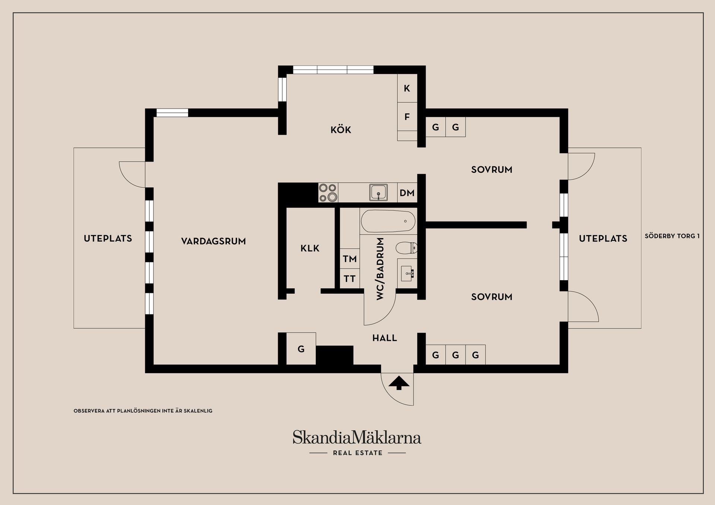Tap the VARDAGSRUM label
[213, 241]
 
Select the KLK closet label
[310, 248]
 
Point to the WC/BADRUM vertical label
[380, 269]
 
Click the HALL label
[385, 338]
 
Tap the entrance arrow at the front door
[399, 383]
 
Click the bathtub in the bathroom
[388, 221]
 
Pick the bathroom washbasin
[407, 274]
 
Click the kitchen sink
[379, 192]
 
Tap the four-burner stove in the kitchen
[328, 192]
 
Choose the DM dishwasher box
[407, 193]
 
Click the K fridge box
[407, 88]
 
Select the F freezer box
[407, 116]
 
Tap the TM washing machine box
[350, 259]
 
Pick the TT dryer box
[350, 278]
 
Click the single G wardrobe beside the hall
[301, 349]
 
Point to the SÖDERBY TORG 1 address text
[672, 236]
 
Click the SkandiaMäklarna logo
[357, 442]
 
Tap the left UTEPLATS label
[108, 239]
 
